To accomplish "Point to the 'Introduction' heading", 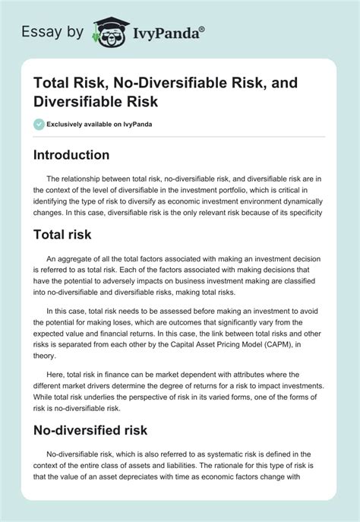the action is (x=71, y=154).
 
